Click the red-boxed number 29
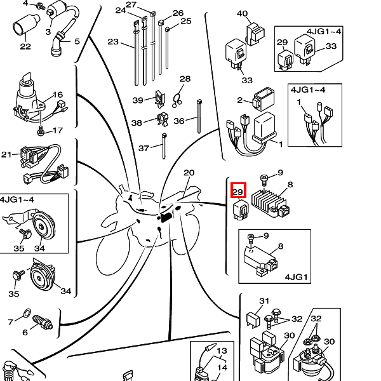click(238, 192)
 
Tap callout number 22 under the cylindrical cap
click(25, 46)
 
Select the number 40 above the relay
click(242, 14)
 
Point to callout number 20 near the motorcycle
click(189, 173)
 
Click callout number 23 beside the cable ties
click(113, 43)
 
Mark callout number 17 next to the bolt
click(57, 131)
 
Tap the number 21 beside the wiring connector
click(6, 154)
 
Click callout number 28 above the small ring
click(185, 79)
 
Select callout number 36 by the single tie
click(179, 121)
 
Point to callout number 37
click(144, 148)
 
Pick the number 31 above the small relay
click(264, 301)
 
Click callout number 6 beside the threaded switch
click(25, 333)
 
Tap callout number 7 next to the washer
click(10, 323)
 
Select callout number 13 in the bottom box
click(222, 351)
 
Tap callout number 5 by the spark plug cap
click(77, 42)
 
